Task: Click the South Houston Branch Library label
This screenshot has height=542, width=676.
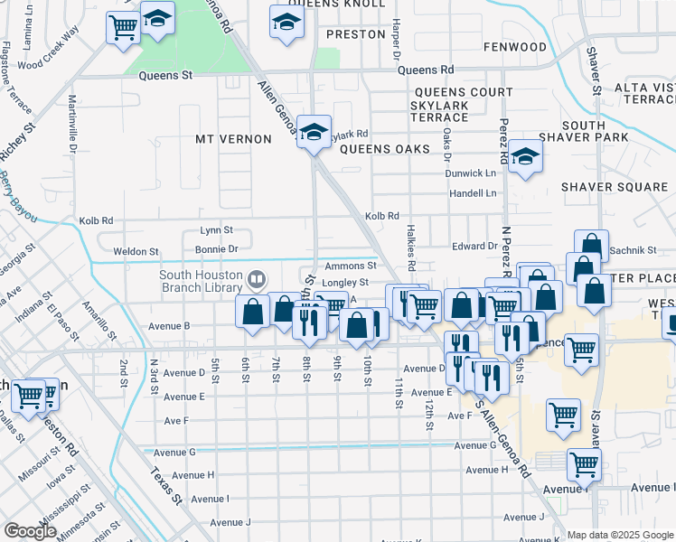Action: point(201,281)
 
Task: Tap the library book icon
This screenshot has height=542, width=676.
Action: point(258,279)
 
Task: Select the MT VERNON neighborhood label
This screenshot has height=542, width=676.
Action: point(233,139)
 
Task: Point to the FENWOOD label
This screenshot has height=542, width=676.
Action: point(515,47)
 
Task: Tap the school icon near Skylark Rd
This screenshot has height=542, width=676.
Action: point(314,132)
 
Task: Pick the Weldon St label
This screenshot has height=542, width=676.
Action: point(136,251)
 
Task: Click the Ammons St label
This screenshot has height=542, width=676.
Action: point(350,266)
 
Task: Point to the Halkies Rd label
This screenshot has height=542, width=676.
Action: point(410,249)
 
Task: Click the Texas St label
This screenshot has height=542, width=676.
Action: point(167,486)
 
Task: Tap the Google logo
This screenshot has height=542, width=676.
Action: point(29,530)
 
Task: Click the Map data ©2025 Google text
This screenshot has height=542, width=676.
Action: point(619,535)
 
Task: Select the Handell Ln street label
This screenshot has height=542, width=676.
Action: point(474,193)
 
